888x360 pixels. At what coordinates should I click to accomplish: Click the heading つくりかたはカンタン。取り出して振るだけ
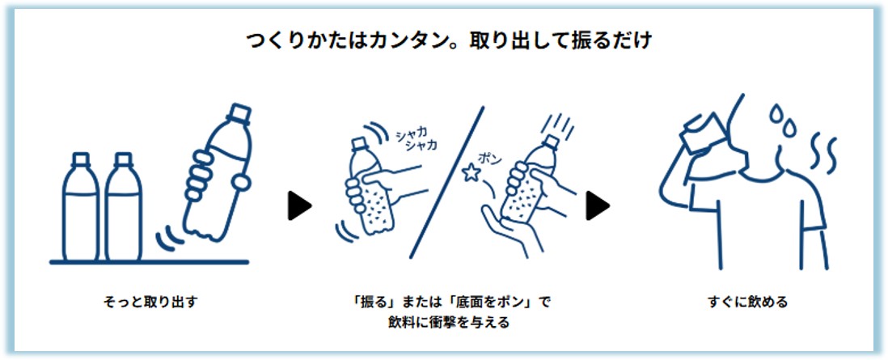coord(449,43)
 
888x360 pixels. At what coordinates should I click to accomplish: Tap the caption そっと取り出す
coord(150,303)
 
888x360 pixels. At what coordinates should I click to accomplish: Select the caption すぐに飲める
coord(747,303)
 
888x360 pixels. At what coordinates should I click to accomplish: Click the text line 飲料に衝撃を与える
coord(449,323)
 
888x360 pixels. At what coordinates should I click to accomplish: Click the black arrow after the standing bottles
coord(299,205)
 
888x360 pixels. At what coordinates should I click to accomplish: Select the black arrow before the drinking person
coord(598,205)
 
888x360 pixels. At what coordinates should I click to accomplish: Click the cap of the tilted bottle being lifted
coord(239,113)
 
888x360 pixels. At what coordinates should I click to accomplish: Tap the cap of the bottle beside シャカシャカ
coord(360,144)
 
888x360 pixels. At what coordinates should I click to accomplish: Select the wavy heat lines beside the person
coord(822,153)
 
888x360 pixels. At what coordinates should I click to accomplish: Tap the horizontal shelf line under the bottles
coord(149,262)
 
